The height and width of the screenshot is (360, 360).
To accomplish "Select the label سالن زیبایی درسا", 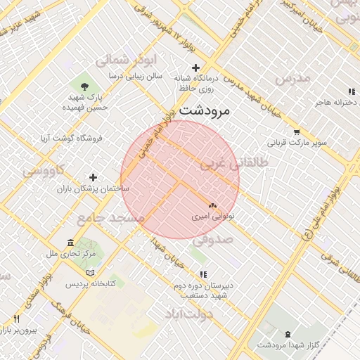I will (x=136, y=75).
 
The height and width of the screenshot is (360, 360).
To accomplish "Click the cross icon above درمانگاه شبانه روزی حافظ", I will (x=195, y=67).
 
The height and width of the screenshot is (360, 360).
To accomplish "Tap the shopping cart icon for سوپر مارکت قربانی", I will (x=297, y=131).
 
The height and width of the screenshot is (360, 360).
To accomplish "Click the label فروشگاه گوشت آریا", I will (x=73, y=138).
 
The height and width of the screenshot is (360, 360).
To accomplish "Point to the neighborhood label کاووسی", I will (x=44, y=169).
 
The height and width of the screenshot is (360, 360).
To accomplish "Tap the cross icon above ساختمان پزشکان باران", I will (x=93, y=177).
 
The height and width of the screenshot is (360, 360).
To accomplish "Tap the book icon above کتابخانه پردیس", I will (x=89, y=273).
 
